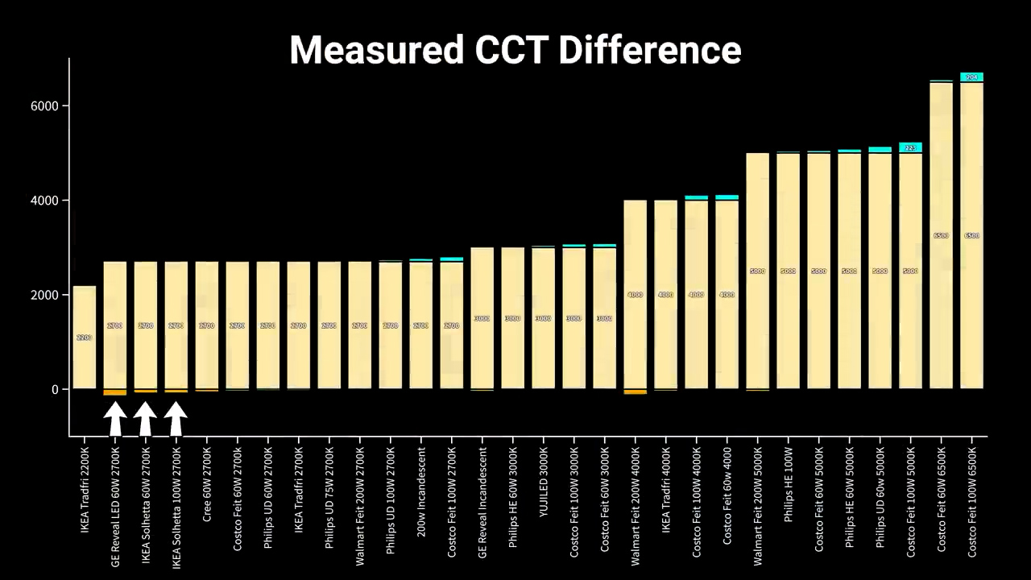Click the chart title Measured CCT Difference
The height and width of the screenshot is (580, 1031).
(x=515, y=50)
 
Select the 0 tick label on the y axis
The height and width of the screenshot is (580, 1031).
(x=56, y=390)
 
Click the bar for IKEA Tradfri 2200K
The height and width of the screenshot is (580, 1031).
(x=85, y=338)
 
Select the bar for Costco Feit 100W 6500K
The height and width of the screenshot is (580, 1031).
(x=971, y=235)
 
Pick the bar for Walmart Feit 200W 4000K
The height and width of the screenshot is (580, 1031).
(x=636, y=295)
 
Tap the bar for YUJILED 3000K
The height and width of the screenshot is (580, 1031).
(x=544, y=318)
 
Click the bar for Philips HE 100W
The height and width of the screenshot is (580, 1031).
(x=789, y=271)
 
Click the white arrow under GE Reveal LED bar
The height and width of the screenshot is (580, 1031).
(x=115, y=419)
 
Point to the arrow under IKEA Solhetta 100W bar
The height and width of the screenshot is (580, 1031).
(x=176, y=419)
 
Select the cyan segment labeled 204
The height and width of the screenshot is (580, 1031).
(x=971, y=77)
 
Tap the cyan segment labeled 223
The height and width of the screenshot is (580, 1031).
(x=910, y=147)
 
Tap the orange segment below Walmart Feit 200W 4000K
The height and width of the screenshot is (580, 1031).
(x=636, y=392)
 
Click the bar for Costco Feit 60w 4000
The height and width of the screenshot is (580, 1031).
(x=727, y=295)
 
